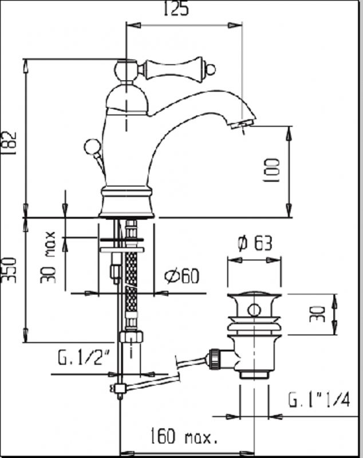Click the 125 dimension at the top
click(x=177, y=10)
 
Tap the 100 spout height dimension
click(x=273, y=170)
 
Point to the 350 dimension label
click(x=10, y=269)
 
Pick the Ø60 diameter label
click(x=181, y=277)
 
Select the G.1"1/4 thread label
click(x=319, y=398)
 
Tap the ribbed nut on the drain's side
click(x=215, y=358)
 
